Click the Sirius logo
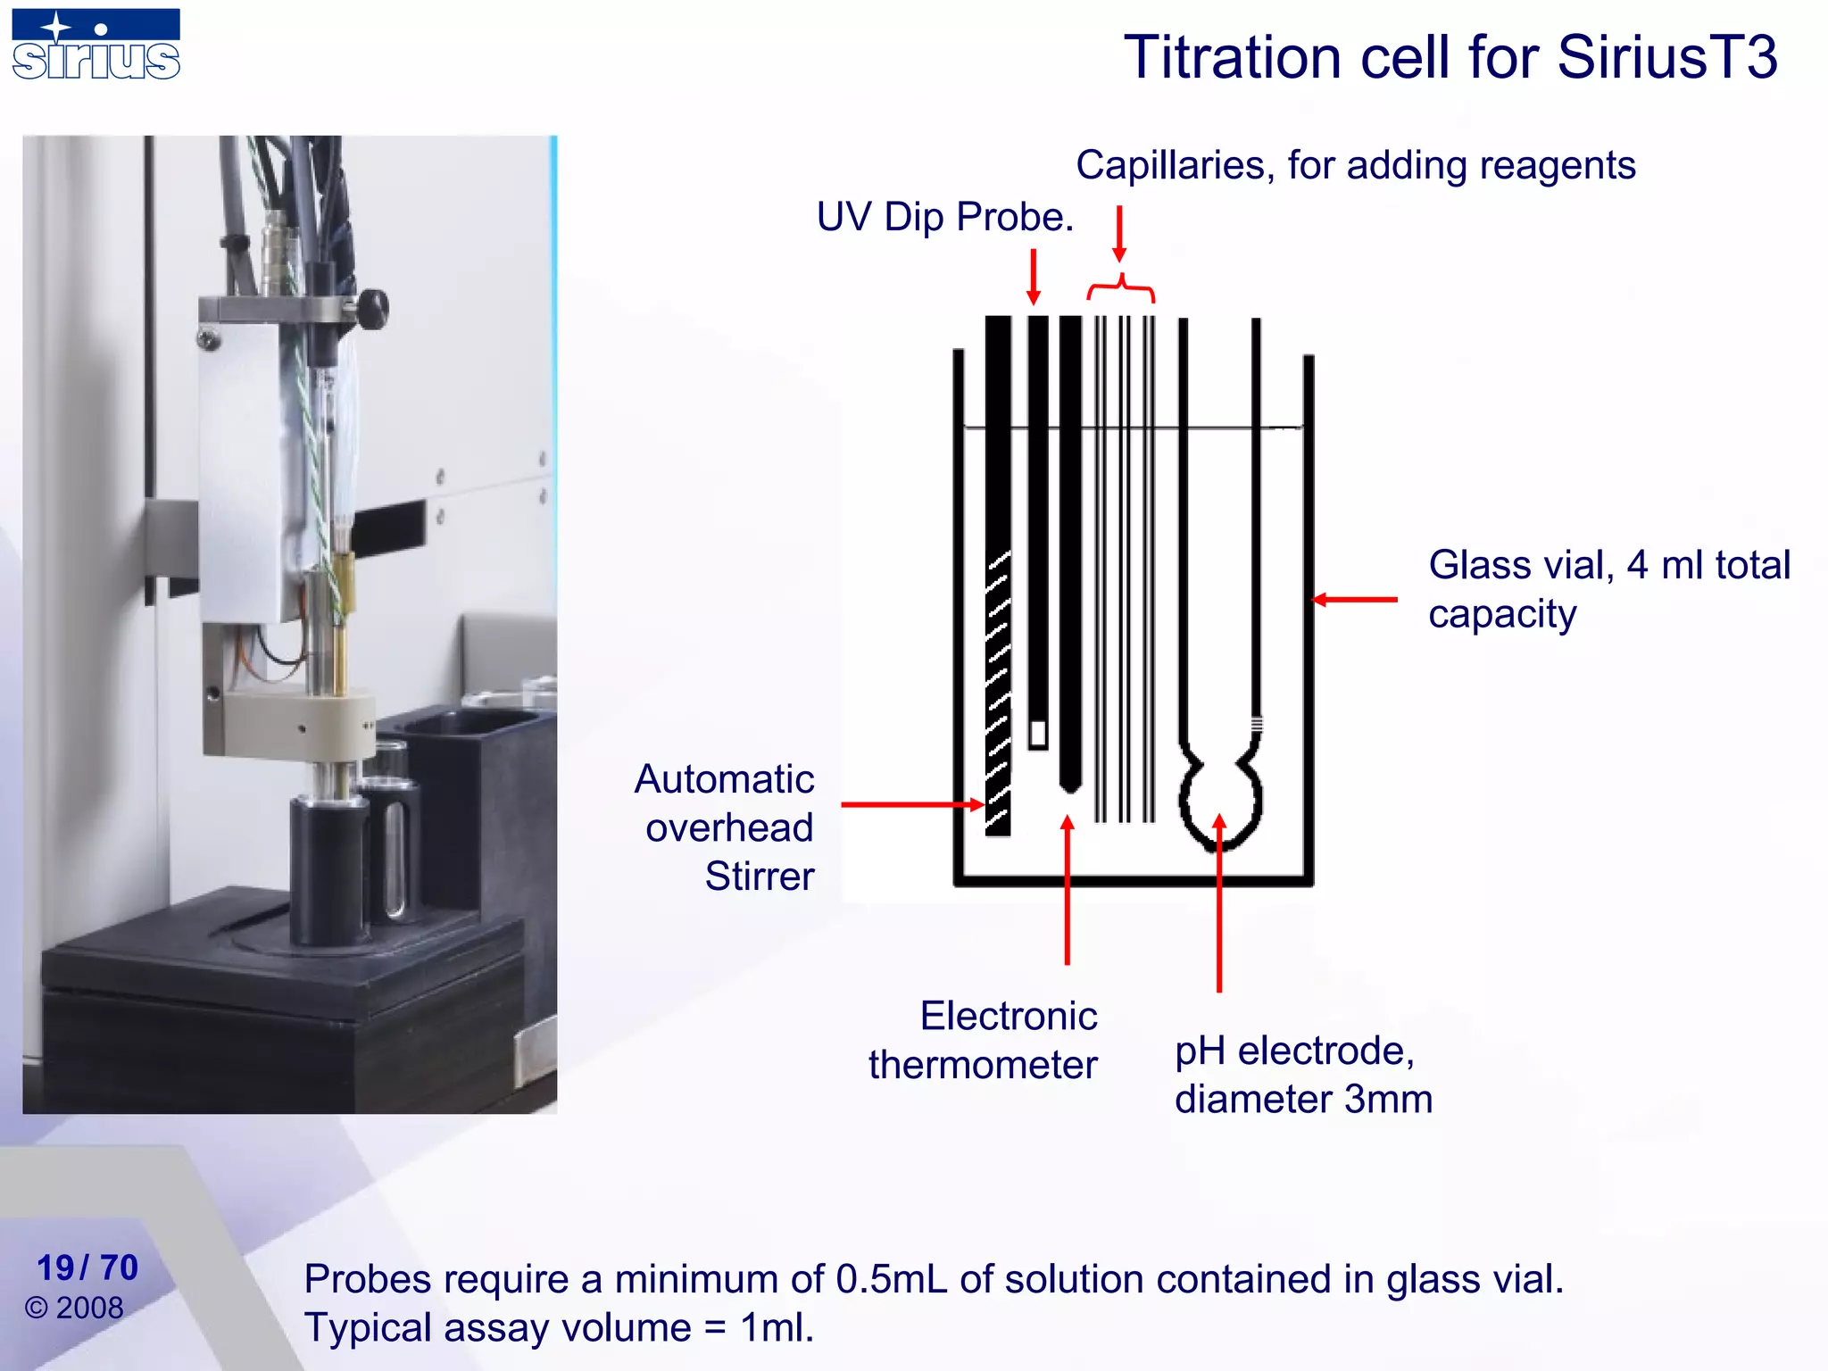[x=96, y=45]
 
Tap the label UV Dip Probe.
[x=944, y=217]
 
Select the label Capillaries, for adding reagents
[x=1355, y=166]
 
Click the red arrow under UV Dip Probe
[x=1034, y=277]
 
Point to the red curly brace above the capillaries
[x=1121, y=287]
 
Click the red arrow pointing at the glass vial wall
[x=1355, y=600]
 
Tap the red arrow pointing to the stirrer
[x=910, y=804]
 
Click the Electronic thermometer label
[x=984, y=1041]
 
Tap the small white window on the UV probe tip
[x=1037, y=734]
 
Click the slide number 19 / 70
[x=87, y=1267]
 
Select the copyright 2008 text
[x=74, y=1308]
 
